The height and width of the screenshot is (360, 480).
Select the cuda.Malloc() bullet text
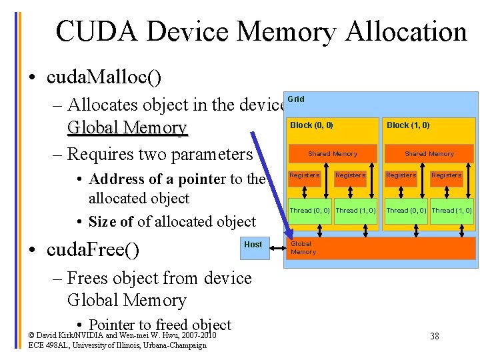tap(104, 77)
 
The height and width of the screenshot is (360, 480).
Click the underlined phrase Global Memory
tap(127, 127)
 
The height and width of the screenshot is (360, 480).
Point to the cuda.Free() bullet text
tap(93, 250)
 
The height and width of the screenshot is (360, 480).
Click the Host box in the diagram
tap(253, 245)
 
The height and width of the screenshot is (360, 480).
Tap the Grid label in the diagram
tap(296, 99)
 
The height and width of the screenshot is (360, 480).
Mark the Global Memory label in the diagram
tap(303, 248)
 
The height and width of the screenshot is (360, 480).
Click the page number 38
tap(434, 336)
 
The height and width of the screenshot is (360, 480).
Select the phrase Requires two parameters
tap(160, 154)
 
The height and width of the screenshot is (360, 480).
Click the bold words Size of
tap(111, 221)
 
